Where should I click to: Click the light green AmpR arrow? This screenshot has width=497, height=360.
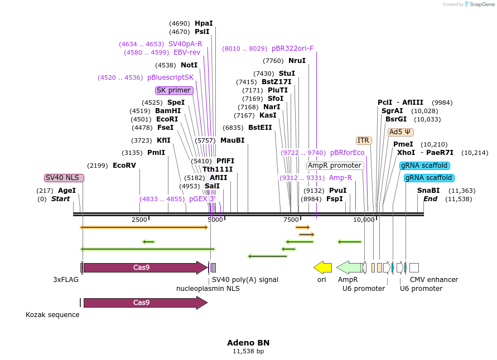pos(349,267)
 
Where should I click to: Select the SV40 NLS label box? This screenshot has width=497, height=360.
pos(64,178)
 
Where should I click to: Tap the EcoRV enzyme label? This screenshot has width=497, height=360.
pos(124,166)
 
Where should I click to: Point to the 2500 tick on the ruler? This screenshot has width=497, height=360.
pos(139,220)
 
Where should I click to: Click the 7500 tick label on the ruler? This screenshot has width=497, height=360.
pos(291,220)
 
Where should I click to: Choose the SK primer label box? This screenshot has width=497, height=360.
pos(174,90)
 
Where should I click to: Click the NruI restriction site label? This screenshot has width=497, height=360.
pos(297,61)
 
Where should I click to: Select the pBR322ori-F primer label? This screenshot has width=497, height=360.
pos(292,48)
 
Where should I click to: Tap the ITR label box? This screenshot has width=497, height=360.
pos(364,140)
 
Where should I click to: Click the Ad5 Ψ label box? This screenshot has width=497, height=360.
pos(401,132)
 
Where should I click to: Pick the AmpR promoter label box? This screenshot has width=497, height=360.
pos(335,166)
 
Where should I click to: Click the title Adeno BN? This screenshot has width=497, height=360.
pos(248,343)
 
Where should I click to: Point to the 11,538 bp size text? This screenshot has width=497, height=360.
pos(248,352)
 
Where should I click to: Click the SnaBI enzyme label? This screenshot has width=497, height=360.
pos(428,191)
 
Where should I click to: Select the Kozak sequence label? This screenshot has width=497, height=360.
pos(52,315)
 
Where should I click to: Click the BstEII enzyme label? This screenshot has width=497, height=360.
pos(260,128)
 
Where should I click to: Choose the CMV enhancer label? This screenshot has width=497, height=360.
pos(434,280)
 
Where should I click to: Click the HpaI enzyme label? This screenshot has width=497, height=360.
pos(204,23)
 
